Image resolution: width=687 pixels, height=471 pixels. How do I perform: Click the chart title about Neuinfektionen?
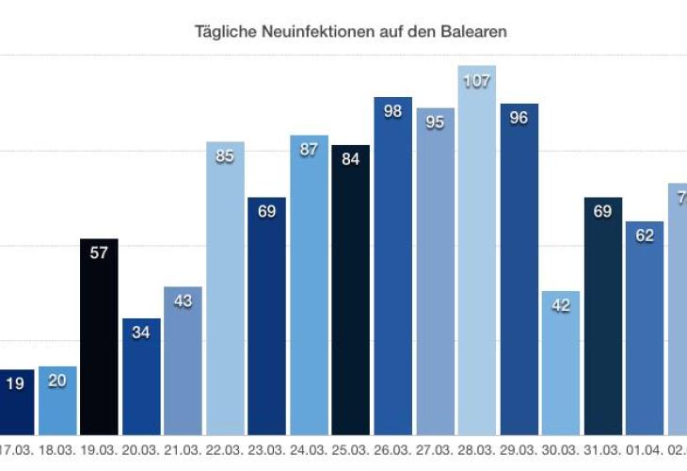(351, 32)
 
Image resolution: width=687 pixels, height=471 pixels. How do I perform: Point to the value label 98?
(393, 111)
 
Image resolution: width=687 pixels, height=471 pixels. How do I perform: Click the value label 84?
(351, 159)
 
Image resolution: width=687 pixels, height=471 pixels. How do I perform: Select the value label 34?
(141, 333)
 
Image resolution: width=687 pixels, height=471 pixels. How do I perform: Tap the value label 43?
(183, 300)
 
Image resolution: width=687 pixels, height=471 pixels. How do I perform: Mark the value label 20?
(56, 382)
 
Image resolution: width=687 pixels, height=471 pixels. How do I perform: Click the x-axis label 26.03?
(393, 450)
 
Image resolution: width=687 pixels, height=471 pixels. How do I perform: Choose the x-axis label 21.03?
(183, 450)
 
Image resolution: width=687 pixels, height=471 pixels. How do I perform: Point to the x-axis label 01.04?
(646, 450)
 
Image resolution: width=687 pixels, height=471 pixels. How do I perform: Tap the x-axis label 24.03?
(309, 450)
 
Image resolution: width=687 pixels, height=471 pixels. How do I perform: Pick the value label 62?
(646, 235)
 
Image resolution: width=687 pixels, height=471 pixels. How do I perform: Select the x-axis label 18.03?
(56, 450)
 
